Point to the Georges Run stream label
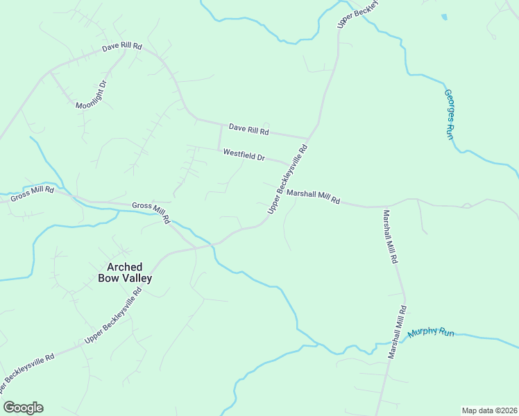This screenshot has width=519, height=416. point(450,114)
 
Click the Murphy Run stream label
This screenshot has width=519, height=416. point(430,333)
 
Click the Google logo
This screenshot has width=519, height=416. point(23,408)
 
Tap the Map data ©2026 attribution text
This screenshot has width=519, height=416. point(489,410)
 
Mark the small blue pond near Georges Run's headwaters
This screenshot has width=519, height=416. point(444,17)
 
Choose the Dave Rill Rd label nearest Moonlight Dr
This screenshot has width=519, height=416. point(122,47)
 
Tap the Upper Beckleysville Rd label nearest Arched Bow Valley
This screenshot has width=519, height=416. point(113,315)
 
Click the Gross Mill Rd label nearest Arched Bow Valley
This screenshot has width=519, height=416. point(151,211)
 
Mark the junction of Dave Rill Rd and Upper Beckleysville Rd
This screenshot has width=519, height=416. point(309,138)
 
